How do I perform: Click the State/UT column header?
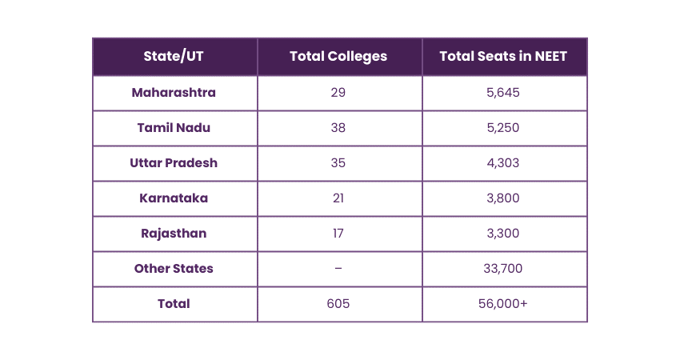tap(174, 56)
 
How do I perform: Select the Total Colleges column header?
tap(338, 56)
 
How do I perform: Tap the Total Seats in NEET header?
tap(503, 56)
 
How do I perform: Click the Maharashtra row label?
tap(174, 92)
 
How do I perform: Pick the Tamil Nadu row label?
tap(174, 127)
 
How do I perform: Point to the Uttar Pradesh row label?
tap(174, 162)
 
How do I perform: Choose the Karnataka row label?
tap(174, 198)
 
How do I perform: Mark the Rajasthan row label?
tap(174, 234)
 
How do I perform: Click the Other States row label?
tap(174, 269)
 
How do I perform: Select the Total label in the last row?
tap(174, 304)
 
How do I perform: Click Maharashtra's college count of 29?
tap(338, 92)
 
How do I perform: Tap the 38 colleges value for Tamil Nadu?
tap(338, 127)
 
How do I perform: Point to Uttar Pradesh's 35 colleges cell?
tap(338, 162)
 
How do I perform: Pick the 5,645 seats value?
tap(503, 92)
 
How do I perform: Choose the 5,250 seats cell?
tap(503, 127)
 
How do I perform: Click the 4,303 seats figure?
tap(503, 162)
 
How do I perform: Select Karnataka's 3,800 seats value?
tap(503, 198)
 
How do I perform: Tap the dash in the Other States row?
tap(338, 269)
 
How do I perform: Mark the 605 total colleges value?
tap(338, 304)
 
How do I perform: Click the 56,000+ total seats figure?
tap(503, 304)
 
